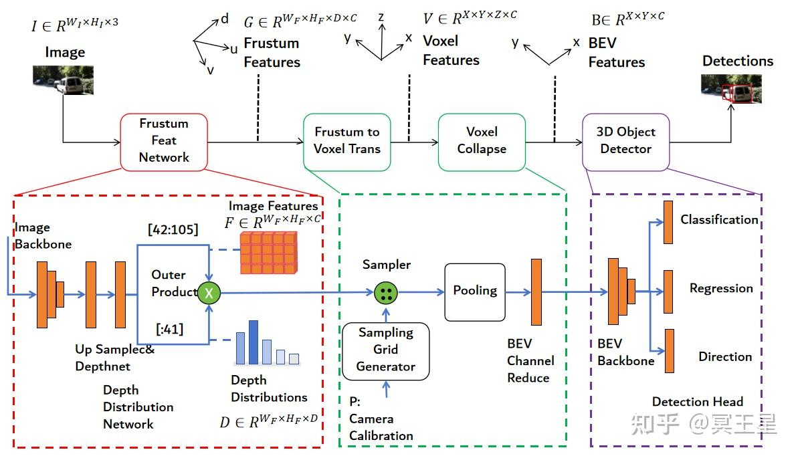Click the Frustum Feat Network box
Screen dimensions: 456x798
click(x=164, y=140)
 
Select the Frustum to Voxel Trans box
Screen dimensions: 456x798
click(x=346, y=140)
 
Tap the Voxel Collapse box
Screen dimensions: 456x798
click(x=481, y=140)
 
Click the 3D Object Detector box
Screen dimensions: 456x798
click(x=625, y=140)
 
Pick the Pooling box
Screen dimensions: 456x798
click(x=475, y=291)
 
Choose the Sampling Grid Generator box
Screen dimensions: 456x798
click(x=385, y=350)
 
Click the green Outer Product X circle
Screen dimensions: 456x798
click(x=210, y=292)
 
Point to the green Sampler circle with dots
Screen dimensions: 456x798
click(x=386, y=292)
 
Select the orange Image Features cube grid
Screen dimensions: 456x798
click(x=267, y=253)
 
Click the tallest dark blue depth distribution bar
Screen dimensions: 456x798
click(x=254, y=342)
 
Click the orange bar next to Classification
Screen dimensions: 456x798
click(x=668, y=222)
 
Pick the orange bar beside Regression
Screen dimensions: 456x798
click(x=668, y=292)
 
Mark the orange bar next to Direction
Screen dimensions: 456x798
click(x=669, y=350)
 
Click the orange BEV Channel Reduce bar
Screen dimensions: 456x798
click(x=536, y=292)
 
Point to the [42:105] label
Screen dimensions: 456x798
click(x=173, y=230)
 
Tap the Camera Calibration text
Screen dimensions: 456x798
click(x=381, y=427)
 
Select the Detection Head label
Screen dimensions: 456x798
click(x=697, y=402)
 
